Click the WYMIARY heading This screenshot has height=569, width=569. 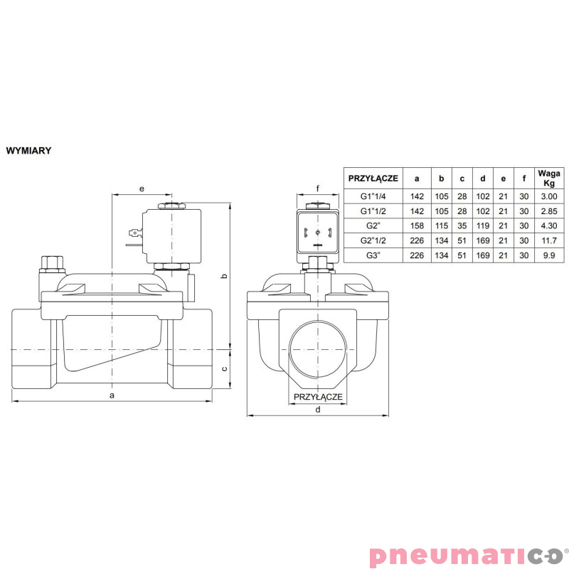tap(28, 151)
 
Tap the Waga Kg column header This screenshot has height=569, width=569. tap(550, 178)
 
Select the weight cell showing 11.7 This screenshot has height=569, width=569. tap(550, 241)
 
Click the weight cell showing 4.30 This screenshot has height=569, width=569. tap(550, 226)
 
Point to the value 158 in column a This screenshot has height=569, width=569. tap(417, 226)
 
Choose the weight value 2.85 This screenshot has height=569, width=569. tap(550, 211)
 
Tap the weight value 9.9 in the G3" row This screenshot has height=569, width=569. tap(550, 255)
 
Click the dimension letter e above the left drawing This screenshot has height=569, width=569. tap(142, 188)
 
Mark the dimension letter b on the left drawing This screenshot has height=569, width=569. tap(225, 276)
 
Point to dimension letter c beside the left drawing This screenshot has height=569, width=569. tap(225, 368)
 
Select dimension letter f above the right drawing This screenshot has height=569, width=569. tap(318, 188)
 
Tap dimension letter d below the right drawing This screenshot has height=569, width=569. tap(317, 409)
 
